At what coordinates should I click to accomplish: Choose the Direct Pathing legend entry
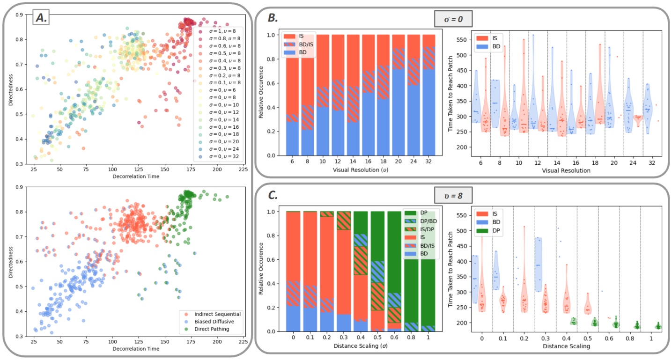pos(216,329)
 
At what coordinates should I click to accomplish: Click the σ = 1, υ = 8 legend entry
pos(219,31)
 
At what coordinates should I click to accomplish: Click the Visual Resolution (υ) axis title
pos(361,170)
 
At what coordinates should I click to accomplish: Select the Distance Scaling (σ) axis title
pos(361,346)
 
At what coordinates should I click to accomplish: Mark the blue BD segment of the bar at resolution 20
pos(399,112)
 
